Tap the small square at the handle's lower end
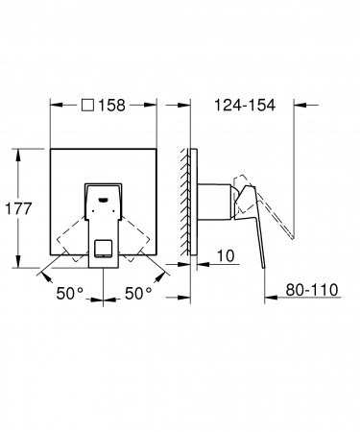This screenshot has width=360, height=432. click(x=103, y=252)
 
